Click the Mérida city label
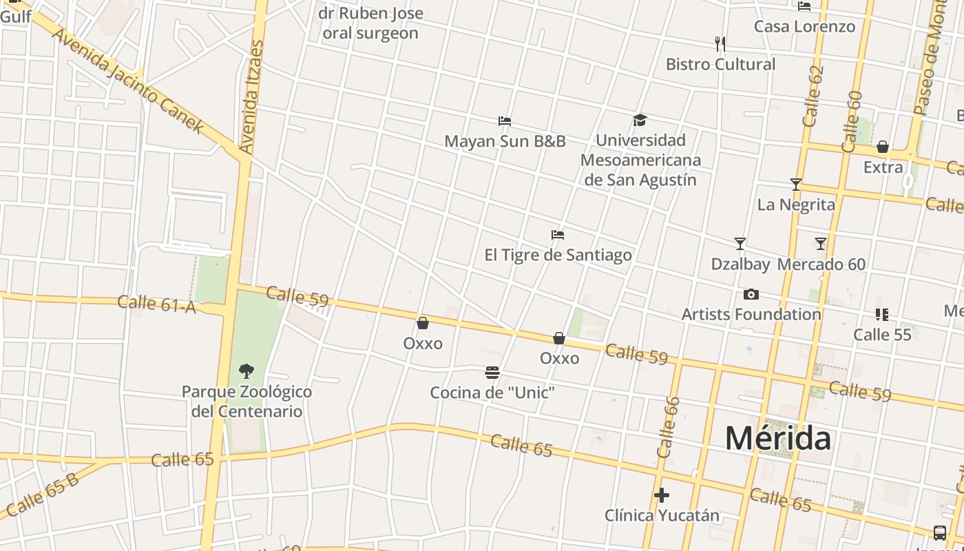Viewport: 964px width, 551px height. click(777, 438)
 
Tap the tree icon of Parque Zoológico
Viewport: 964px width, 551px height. click(246, 371)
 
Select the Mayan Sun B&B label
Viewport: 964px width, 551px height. click(505, 141)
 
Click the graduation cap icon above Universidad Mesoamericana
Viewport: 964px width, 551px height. click(640, 121)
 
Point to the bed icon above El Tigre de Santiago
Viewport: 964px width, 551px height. click(558, 235)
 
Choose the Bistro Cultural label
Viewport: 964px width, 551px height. click(720, 64)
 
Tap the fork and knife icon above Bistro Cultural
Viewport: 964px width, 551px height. click(720, 44)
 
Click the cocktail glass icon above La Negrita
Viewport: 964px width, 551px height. click(796, 185)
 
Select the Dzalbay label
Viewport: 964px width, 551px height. click(740, 264)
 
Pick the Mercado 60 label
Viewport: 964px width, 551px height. click(821, 264)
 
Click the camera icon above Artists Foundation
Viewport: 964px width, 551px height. click(751, 295)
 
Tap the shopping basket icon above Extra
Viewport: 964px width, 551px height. click(883, 147)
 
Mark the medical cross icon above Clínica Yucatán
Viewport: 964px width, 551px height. click(662, 495)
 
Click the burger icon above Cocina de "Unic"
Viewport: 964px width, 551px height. click(492, 373)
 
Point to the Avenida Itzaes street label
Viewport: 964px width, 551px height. click(251, 96)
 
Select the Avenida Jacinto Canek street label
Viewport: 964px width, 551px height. click(128, 81)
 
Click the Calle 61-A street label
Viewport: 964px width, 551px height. click(156, 304)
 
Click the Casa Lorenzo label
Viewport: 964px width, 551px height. click(804, 26)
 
